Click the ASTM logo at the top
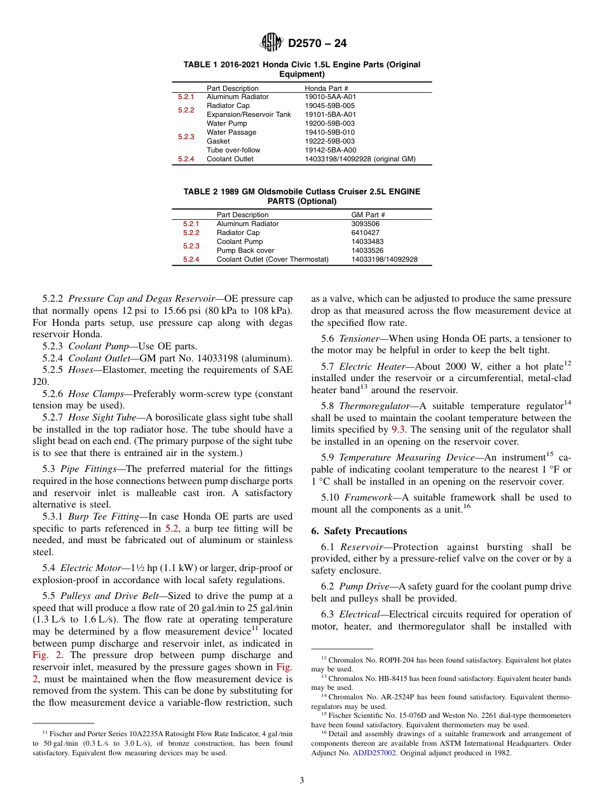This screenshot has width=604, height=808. pyautogui.click(x=272, y=43)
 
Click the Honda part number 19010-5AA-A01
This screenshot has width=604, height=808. pyautogui.click(x=331, y=97)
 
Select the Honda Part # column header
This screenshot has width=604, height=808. pyautogui.click(x=326, y=88)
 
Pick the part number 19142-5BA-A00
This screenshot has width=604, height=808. pyautogui.click(x=330, y=150)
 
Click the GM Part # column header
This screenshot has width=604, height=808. pyautogui.click(x=368, y=215)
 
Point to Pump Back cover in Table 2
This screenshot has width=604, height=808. pyautogui.click(x=242, y=250)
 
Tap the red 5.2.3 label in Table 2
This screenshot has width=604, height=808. pyautogui.click(x=191, y=246)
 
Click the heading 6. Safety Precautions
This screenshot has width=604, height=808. pyautogui.click(x=359, y=531)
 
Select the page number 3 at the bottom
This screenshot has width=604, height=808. pyautogui.click(x=302, y=780)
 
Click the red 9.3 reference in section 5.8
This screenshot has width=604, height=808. pyautogui.click(x=399, y=429)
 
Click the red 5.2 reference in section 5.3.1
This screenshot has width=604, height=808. pyautogui.click(x=172, y=529)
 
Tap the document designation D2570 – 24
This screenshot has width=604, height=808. pyautogui.click(x=317, y=44)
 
